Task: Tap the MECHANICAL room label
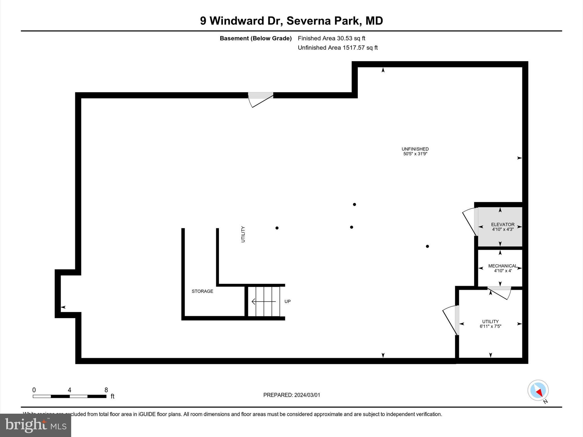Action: click(502, 266)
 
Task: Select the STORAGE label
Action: click(202, 291)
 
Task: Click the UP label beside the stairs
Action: click(288, 301)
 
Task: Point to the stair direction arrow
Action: click(264, 301)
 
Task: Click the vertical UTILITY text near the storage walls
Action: click(243, 234)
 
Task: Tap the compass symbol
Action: click(538, 390)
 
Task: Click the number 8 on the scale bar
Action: click(106, 390)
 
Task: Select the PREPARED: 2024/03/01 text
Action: click(291, 395)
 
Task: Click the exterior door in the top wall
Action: click(260, 98)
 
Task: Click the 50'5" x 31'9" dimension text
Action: click(415, 154)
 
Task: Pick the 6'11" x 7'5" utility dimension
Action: click(490, 326)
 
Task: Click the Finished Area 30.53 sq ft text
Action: click(331, 38)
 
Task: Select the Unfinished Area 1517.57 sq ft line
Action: click(338, 48)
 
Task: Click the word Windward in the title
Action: click(245, 21)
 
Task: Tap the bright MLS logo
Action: click(36, 425)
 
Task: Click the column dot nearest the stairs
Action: click(277, 228)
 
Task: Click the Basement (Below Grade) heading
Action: click(255, 38)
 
